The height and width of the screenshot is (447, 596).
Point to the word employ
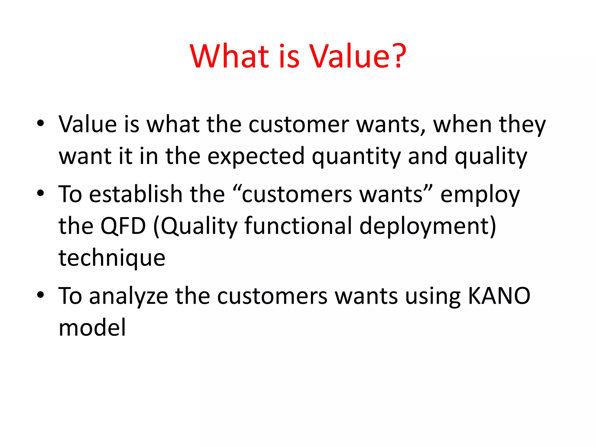coord(480,195)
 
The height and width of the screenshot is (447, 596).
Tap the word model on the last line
coord(92,328)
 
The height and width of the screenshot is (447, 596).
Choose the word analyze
coord(128,297)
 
